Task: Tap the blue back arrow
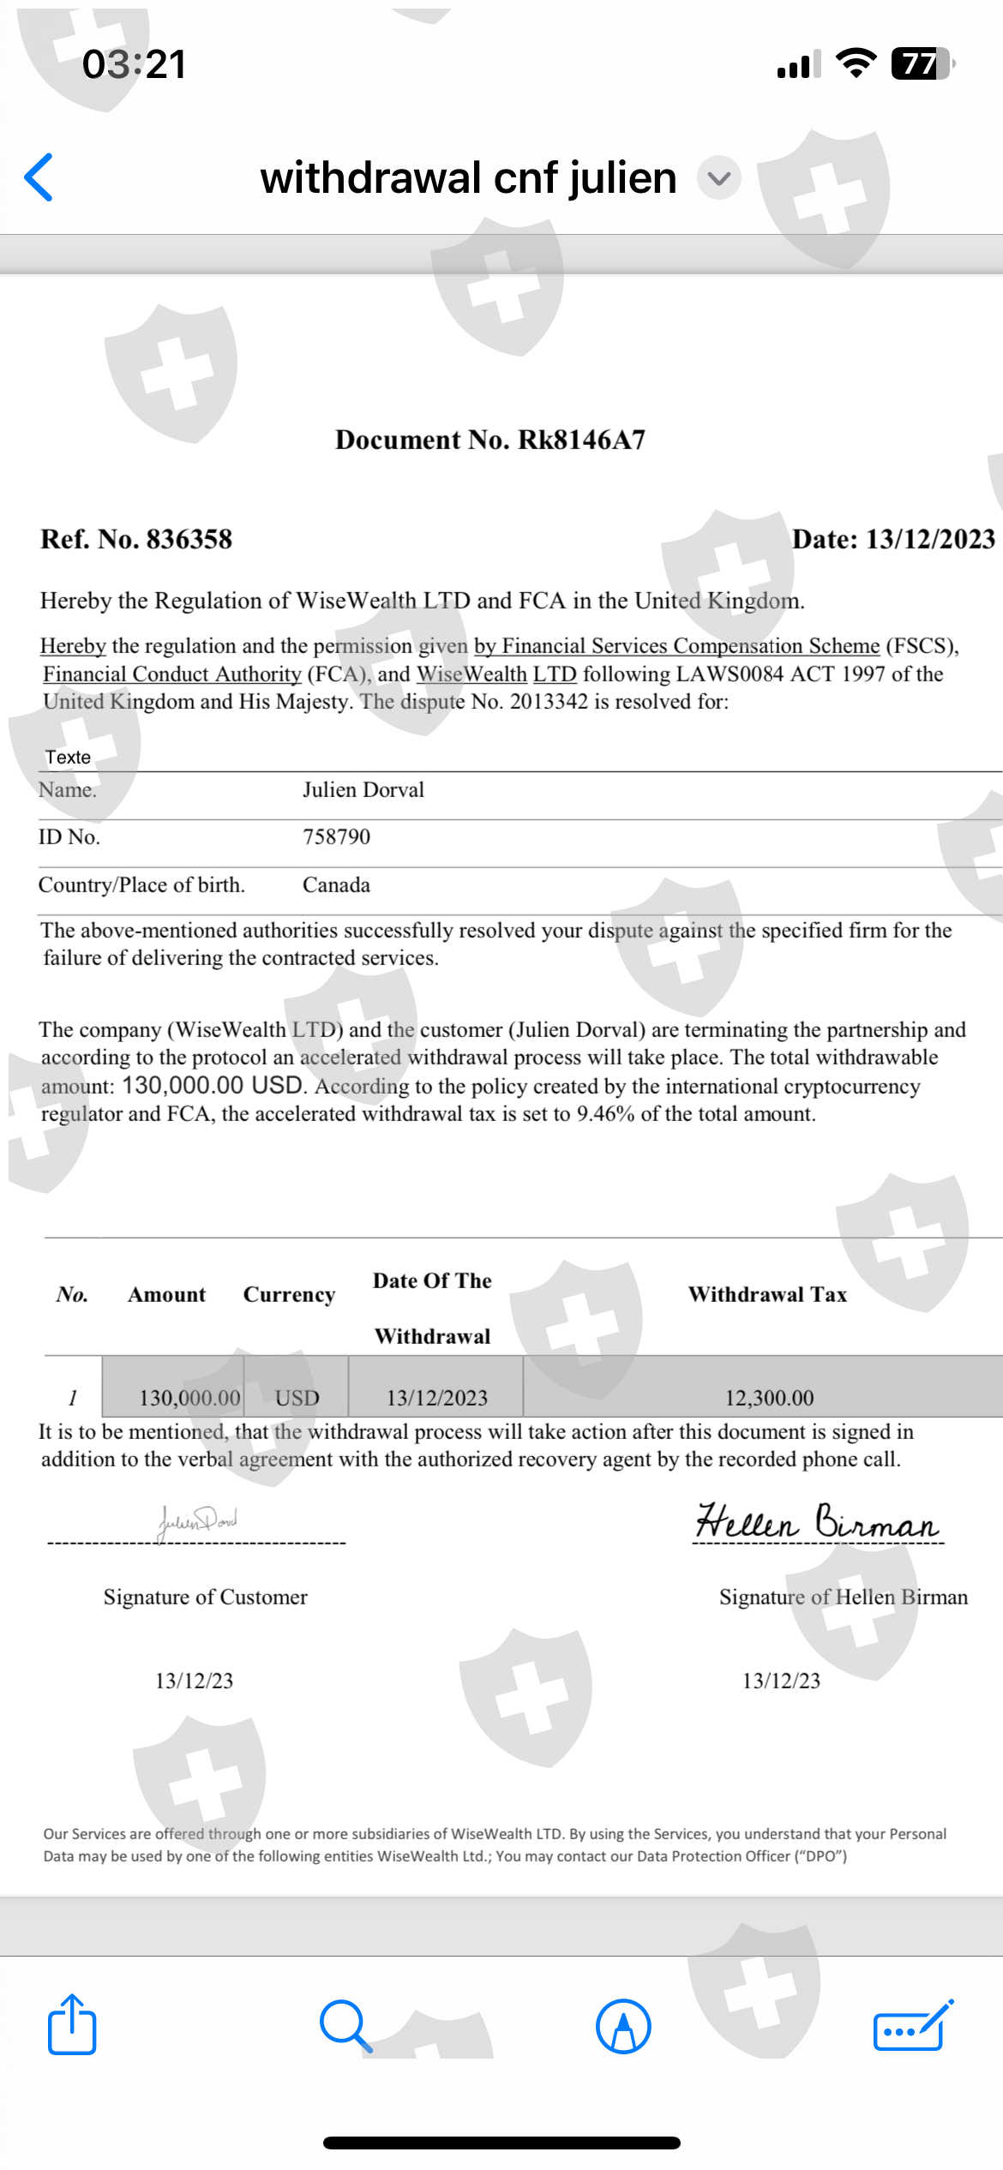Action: pos(39,177)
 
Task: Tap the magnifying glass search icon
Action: pos(345,2026)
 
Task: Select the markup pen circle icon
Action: pos(623,2027)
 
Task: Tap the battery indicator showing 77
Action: pos(921,64)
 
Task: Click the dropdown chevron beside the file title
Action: pos(719,178)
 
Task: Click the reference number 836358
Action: pos(189,539)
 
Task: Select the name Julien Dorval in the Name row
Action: pos(363,789)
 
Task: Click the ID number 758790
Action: pos(336,836)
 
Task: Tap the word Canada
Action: pos(336,884)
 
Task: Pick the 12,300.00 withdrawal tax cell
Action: pos(769,1398)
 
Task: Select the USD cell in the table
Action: pos(297,1398)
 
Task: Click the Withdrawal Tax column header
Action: pos(767,1294)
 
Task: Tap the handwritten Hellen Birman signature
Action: pos(816,1522)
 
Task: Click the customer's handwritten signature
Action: pos(198,1520)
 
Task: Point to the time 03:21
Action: pos(134,64)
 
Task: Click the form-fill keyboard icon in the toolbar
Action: pos(912,2026)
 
